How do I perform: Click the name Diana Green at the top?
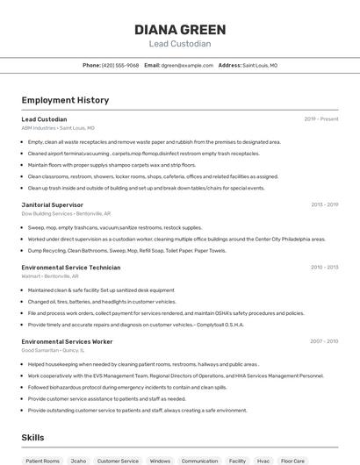tap(179, 29)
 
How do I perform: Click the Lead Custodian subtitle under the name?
tap(179, 44)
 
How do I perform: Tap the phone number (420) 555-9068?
tap(119, 65)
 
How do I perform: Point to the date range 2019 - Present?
tap(321, 118)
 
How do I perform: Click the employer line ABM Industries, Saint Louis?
tap(58, 128)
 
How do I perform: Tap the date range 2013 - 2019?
tap(324, 204)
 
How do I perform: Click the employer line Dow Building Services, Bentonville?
tap(66, 213)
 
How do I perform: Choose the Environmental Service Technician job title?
tap(71, 267)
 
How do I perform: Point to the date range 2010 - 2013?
tap(324, 267)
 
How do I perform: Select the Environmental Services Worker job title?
tap(67, 340)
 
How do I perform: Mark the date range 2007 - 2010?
tap(324, 340)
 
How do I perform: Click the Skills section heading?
tap(33, 437)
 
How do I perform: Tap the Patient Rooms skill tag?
tap(42, 461)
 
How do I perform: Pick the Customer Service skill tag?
tap(118, 461)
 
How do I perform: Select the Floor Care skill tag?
tap(292, 461)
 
